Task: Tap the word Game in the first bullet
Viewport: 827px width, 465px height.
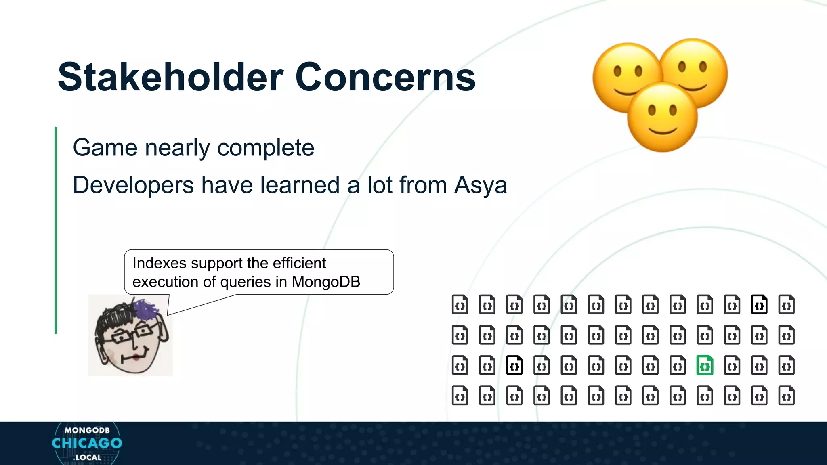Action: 105,148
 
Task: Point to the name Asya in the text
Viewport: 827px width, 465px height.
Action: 481,185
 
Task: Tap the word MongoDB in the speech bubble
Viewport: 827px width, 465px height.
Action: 326,282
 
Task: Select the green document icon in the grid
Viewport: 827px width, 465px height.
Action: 705,366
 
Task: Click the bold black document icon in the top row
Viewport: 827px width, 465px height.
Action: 759,305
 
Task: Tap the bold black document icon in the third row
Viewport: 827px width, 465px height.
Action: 514,366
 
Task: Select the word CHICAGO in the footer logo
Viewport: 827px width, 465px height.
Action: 87,443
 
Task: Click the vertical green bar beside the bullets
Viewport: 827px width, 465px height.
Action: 56,230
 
